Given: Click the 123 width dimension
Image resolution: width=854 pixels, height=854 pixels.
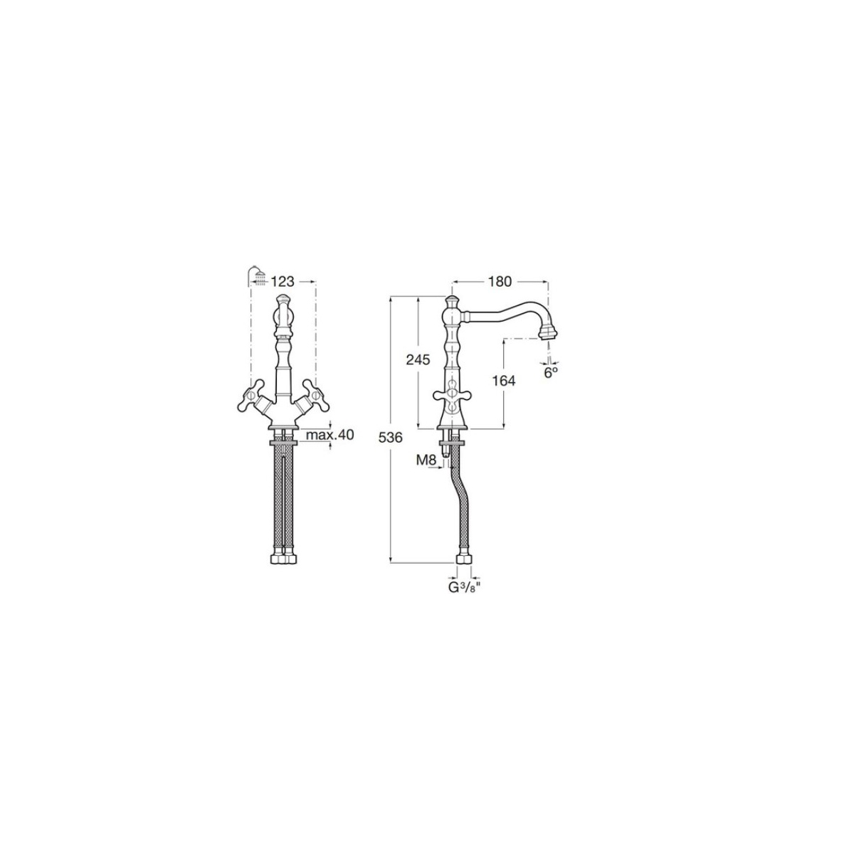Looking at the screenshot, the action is tap(283, 281).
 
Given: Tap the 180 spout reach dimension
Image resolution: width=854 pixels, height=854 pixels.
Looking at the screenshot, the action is tap(500, 281).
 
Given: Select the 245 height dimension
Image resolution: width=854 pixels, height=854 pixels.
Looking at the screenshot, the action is tap(418, 360).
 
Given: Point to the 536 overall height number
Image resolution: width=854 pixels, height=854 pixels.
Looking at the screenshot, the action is tap(390, 438).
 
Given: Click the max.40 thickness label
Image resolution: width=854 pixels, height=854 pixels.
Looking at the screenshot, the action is tap(330, 435).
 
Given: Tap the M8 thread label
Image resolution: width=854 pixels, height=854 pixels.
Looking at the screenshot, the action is tap(425, 460).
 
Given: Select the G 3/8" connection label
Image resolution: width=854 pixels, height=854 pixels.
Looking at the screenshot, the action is tap(464, 589).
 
